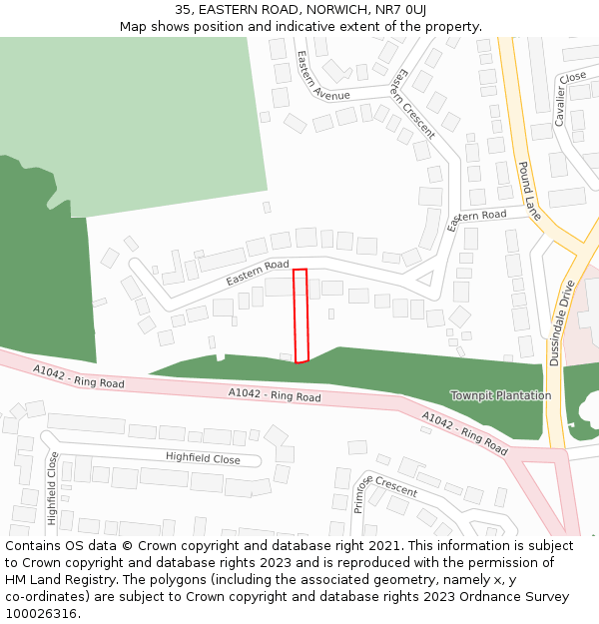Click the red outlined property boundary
pos(300,315)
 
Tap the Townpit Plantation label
pos(500,395)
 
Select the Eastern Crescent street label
pos(412,102)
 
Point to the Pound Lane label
pos(529,190)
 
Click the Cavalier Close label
pos(566,98)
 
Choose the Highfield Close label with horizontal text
pos(203,458)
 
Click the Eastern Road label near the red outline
pos(257,273)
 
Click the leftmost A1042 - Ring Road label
pos(78,376)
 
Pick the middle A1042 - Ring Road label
pos(275,395)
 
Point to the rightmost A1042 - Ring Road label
pos(464,431)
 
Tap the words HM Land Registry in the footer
pos(53,579)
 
